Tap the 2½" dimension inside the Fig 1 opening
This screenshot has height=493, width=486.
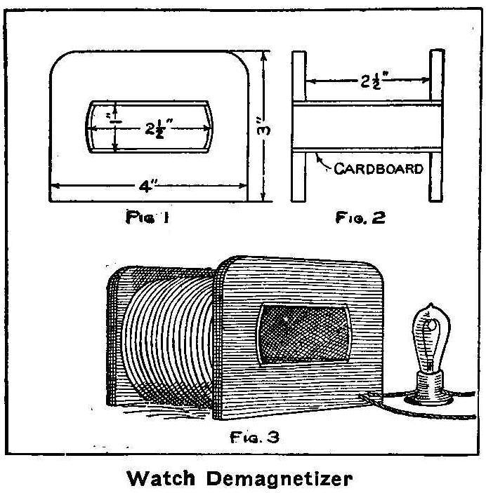coord(160,128)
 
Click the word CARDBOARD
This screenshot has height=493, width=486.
coord(379,168)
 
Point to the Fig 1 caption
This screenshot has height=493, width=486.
coord(144,218)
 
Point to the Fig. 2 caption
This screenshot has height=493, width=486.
coord(360,218)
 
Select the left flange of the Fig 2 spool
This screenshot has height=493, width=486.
coord(297,126)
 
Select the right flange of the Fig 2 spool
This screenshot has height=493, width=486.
coord(435,126)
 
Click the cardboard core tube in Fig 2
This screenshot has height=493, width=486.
coord(365,126)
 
